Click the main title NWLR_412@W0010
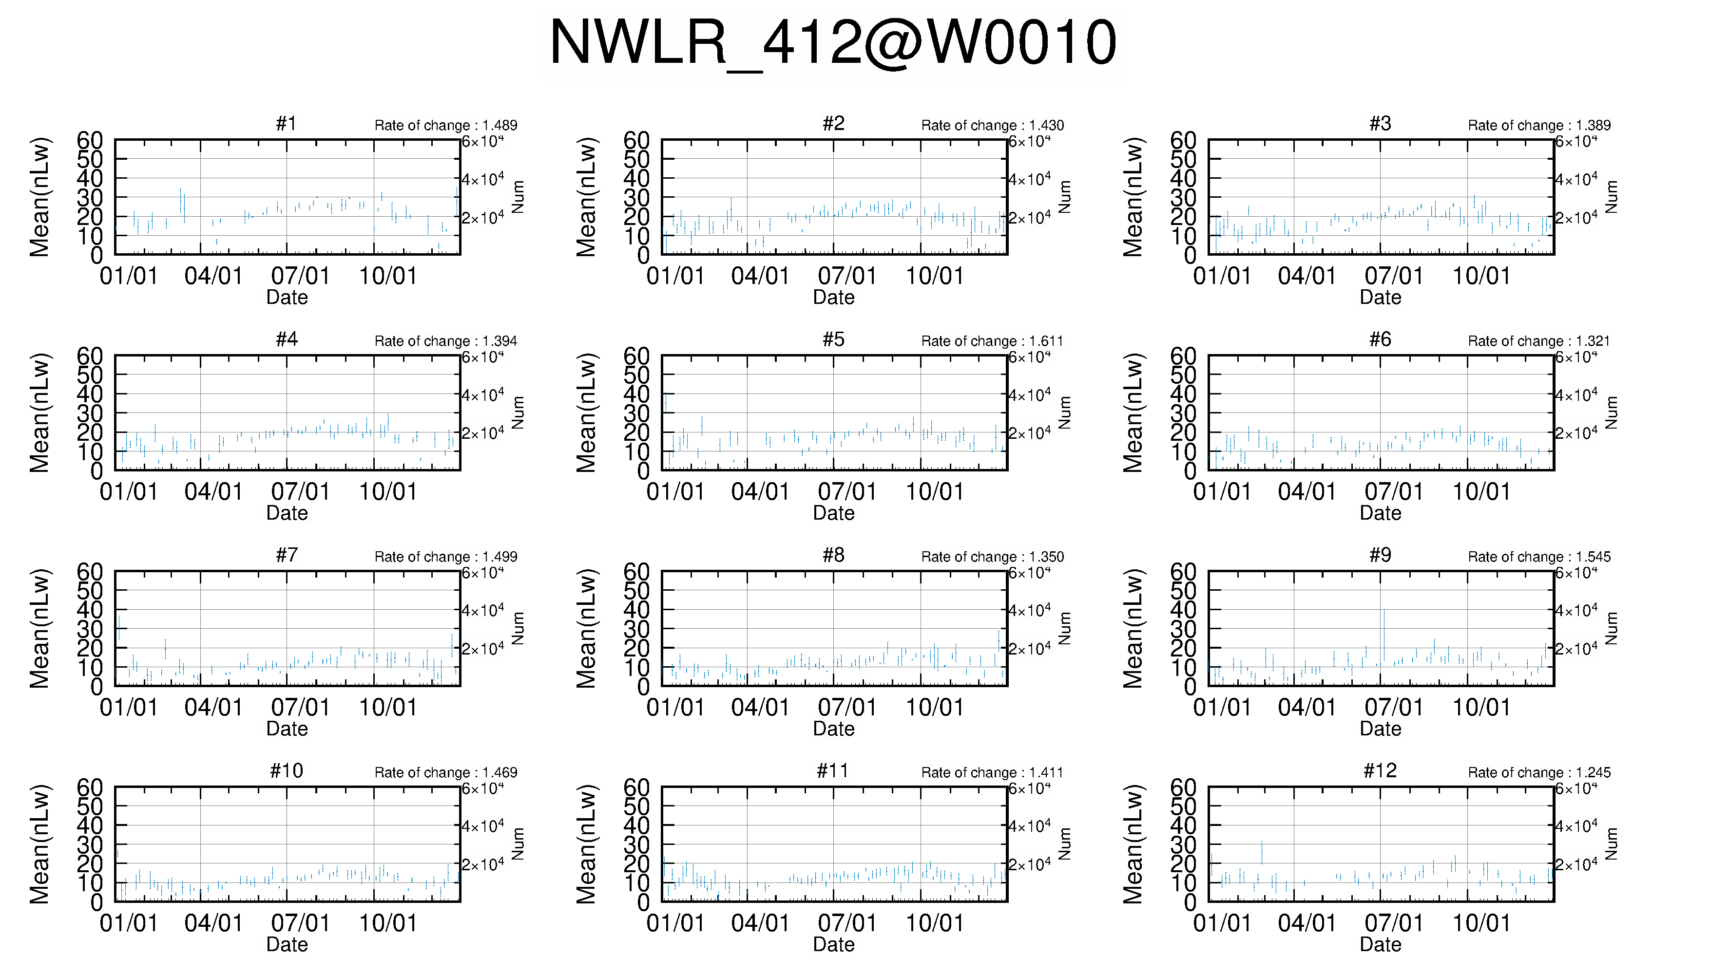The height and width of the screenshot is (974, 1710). click(x=833, y=42)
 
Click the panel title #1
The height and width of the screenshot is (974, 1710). click(x=287, y=124)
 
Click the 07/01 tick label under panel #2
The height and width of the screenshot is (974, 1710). click(x=846, y=276)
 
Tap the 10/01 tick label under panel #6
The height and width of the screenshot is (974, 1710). click(x=1481, y=492)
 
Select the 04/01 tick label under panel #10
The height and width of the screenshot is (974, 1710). click(x=213, y=923)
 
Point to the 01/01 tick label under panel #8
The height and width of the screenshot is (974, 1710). click(x=675, y=707)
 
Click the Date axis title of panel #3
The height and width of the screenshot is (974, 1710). click(x=1380, y=298)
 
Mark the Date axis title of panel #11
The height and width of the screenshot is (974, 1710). click(x=833, y=945)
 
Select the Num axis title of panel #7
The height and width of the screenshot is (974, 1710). click(x=518, y=628)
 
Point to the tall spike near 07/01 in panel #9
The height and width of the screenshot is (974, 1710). click(x=1384, y=636)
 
